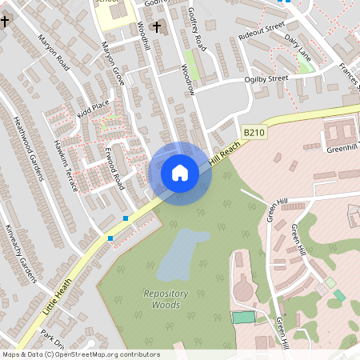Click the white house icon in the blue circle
179,173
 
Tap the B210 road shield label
254,131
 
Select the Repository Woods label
166,299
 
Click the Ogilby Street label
266,79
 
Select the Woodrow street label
189,79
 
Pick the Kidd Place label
93,110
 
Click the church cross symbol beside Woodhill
156,28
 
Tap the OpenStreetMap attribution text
81,354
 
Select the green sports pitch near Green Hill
243,318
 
